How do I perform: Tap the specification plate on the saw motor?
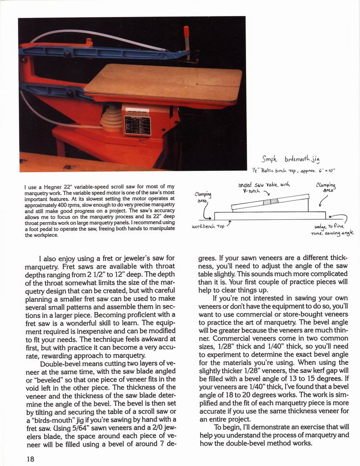click(x=137, y=125)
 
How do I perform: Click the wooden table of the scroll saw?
click(x=165, y=82)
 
